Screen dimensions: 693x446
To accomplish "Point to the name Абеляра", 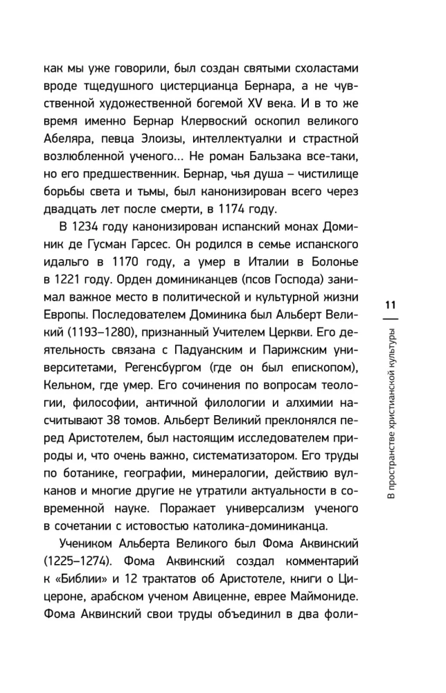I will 68,150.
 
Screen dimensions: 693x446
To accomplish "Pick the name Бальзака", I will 292,170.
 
